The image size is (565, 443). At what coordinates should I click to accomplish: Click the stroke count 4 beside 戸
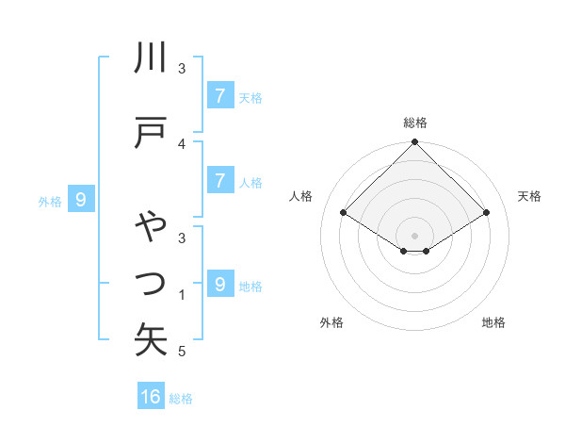(x=183, y=143)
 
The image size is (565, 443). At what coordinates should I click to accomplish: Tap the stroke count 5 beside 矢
(x=183, y=352)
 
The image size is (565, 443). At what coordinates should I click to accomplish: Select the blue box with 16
(x=151, y=397)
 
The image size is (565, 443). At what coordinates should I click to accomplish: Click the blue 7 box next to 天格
(x=219, y=95)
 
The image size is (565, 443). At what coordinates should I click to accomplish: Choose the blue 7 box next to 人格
(x=219, y=181)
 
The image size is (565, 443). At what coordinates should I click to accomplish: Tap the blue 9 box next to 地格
(x=219, y=284)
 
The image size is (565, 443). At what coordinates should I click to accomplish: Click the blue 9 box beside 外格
(x=82, y=199)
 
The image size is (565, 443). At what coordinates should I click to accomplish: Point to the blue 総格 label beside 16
(x=182, y=399)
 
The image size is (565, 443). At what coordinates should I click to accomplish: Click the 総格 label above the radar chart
(x=415, y=123)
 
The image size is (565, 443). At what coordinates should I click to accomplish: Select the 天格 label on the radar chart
(x=530, y=196)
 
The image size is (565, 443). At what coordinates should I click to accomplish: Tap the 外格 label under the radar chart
(x=331, y=323)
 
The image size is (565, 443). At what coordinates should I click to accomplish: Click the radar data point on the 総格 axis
(x=415, y=142)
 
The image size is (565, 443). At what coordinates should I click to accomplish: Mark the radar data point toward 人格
(x=344, y=212)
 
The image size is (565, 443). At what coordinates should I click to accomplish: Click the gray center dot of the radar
(x=415, y=236)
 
